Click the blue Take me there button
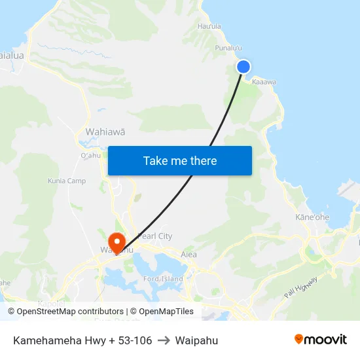click(180, 160)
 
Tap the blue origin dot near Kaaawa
click(243, 66)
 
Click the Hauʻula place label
click(209, 27)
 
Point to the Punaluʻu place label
click(228, 48)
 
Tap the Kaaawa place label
click(264, 82)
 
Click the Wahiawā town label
click(105, 132)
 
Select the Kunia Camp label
click(67, 181)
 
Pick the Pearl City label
click(155, 236)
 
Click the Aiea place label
click(189, 255)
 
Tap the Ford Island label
click(164, 279)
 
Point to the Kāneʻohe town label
click(312, 217)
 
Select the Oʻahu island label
click(90, 155)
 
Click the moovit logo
click(320, 340)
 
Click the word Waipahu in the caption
click(196, 340)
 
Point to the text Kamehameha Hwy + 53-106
click(82, 340)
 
